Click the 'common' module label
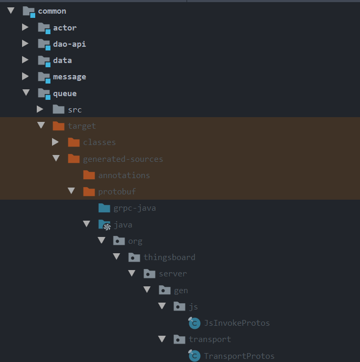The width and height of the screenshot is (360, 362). tap(52, 11)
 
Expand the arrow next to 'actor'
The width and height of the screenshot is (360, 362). tap(25, 27)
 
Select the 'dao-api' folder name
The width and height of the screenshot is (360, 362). tap(69, 44)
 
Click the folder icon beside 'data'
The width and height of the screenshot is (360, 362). tap(44, 60)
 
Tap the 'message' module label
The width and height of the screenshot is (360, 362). tap(69, 77)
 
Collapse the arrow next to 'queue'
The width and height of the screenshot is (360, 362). tap(25, 93)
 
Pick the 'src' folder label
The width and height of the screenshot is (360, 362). tap(75, 110)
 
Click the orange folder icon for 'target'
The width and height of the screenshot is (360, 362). tap(58, 126)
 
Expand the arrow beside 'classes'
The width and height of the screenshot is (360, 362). tap(55, 142)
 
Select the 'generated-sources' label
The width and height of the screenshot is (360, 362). tap(123, 159)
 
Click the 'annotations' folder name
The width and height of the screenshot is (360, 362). tap(124, 175)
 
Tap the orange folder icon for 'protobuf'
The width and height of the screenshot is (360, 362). tap(89, 192)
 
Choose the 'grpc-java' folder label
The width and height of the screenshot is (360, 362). tap(135, 208)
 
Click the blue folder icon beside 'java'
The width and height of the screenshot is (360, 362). tap(104, 225)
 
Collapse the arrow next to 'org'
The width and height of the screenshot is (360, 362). tap(101, 241)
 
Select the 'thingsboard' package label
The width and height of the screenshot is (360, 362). tap(169, 257)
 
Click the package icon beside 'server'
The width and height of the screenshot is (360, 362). tap(150, 274)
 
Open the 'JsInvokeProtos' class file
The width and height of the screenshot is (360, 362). tap(236, 323)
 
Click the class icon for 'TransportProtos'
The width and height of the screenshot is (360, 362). tap(194, 356)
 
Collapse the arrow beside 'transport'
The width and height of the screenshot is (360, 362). tap(162, 339)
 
